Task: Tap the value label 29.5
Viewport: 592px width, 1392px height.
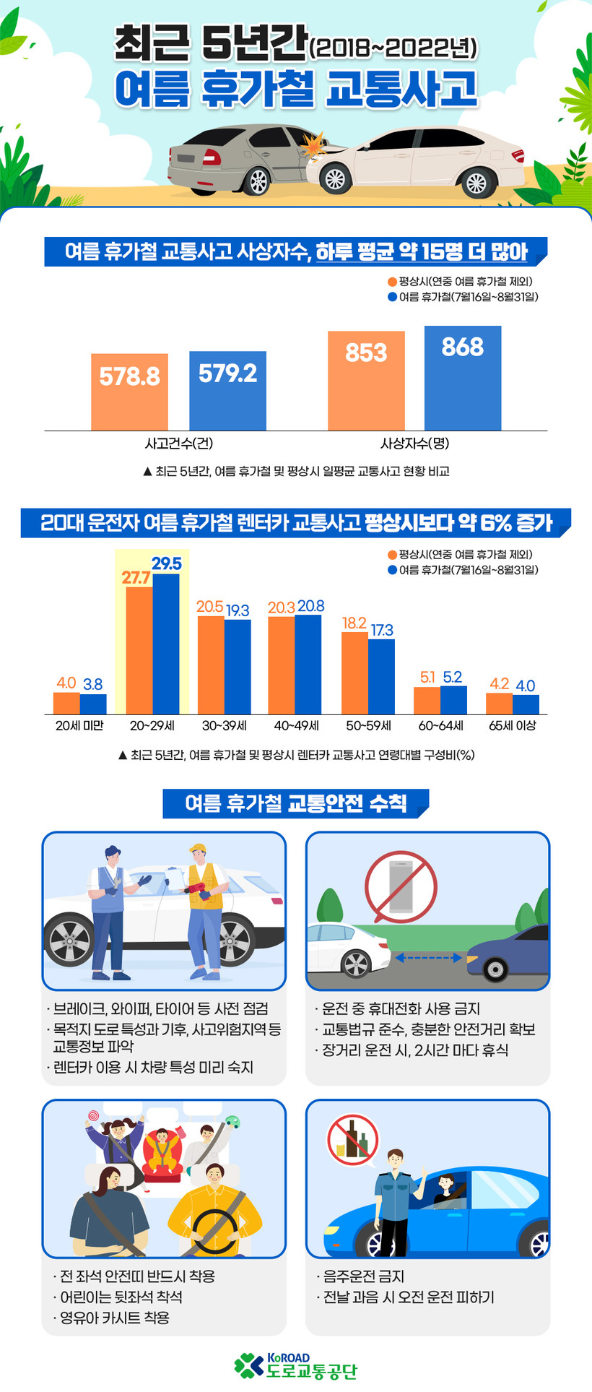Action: pyautogui.click(x=166, y=563)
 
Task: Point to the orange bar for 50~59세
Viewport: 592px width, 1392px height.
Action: pyautogui.click(x=354, y=673)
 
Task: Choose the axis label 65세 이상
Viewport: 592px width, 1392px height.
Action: pyautogui.click(x=512, y=725)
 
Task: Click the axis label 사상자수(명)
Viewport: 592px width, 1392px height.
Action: pyautogui.click(x=414, y=444)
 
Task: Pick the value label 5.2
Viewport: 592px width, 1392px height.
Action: pyautogui.click(x=453, y=677)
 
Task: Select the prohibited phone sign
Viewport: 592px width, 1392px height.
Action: pyautogui.click(x=401, y=886)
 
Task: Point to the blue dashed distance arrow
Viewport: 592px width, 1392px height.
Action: pyautogui.click(x=427, y=958)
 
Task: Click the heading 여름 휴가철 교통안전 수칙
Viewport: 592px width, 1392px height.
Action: pyautogui.click(x=296, y=803)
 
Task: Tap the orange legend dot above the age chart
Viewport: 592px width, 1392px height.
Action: pyautogui.click(x=392, y=555)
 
